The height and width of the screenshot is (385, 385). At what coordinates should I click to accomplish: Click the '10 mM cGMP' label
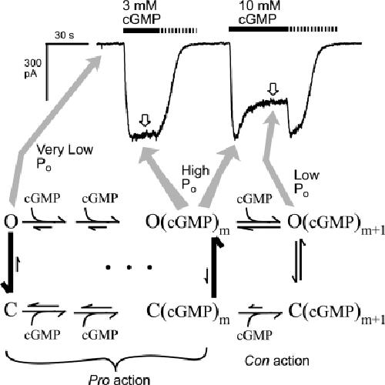tap(259, 12)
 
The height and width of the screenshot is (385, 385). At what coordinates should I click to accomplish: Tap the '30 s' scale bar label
tap(64, 35)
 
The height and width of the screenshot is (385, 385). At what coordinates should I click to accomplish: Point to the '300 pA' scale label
tap(32, 69)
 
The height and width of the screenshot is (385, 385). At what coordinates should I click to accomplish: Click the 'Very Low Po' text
tap(65, 157)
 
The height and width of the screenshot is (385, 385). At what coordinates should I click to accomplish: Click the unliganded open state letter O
tap(11, 222)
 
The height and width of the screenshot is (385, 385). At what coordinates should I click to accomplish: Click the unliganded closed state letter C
tap(11, 310)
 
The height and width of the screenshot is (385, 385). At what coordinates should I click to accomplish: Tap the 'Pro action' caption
tap(119, 380)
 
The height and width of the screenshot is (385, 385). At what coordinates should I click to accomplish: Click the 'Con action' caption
tap(277, 361)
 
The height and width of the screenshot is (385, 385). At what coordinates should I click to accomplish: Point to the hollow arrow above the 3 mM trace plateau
tap(146, 120)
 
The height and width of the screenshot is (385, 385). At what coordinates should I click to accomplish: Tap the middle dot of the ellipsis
tap(129, 267)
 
